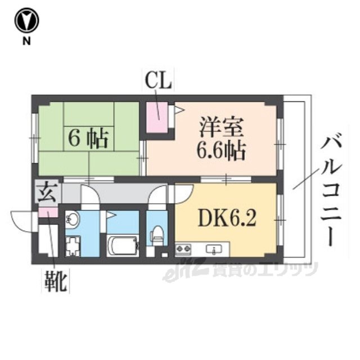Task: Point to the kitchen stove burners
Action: tap(184, 248)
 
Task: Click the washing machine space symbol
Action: tap(74, 245)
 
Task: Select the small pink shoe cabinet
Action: tap(48, 213)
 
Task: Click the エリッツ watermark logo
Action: tap(242, 271)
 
